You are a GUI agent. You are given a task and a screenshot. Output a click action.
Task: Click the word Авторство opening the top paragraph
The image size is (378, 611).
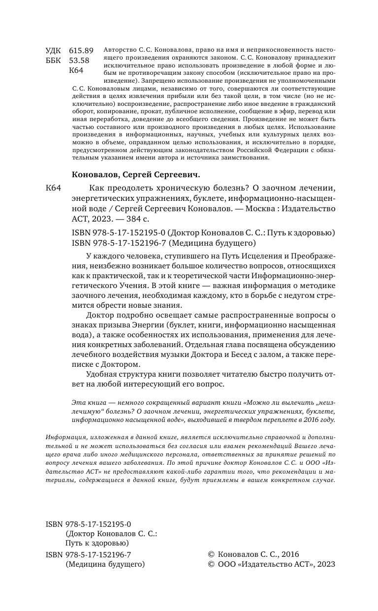click(x=121, y=50)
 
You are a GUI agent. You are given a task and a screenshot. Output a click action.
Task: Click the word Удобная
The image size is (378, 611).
click(x=99, y=374)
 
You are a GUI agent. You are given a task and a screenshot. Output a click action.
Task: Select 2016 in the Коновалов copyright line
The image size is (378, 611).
click(x=290, y=554)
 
